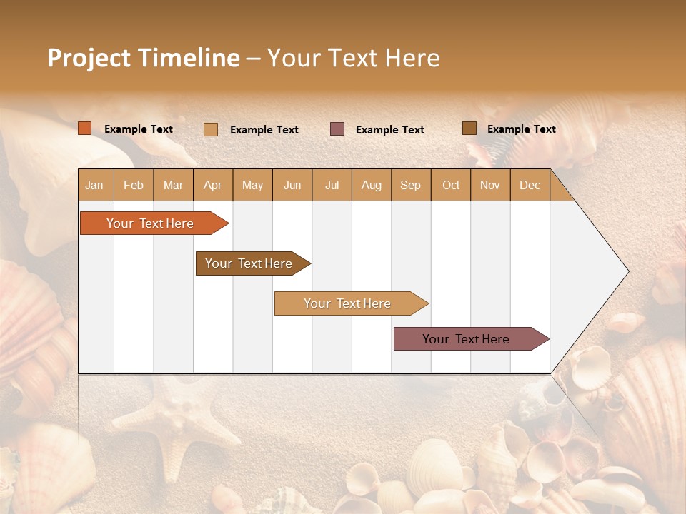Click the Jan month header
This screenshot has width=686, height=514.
tap(95, 186)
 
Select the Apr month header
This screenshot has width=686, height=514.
tap(213, 186)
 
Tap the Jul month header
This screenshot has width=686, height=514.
tap(332, 186)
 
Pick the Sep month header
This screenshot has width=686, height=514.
tap(410, 186)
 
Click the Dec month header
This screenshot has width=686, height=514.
tap(530, 186)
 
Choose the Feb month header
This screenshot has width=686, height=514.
tap(134, 186)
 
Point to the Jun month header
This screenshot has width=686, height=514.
tap(292, 186)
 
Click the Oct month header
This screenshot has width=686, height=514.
tap(451, 186)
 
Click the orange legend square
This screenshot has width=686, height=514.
tap(85, 128)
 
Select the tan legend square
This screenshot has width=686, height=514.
tap(211, 129)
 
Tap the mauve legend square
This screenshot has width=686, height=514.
tap(337, 129)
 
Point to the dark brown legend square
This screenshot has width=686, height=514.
tap(469, 128)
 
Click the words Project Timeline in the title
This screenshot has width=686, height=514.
tap(143, 58)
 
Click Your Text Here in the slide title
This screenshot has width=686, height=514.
tap(353, 58)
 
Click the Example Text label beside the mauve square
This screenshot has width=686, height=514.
tap(390, 130)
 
